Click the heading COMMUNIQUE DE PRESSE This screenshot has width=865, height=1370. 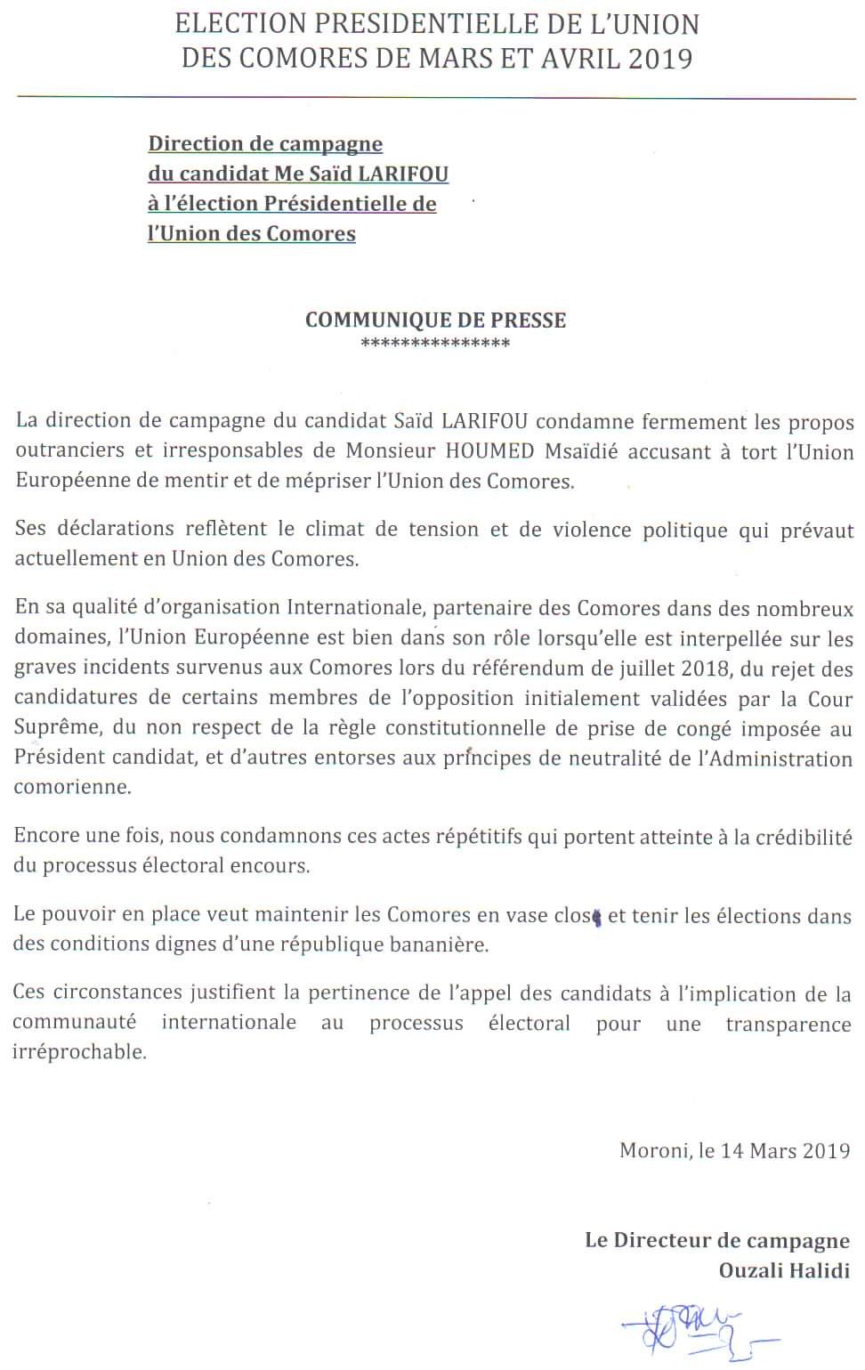[x=435, y=320]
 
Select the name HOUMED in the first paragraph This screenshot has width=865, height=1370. [x=488, y=451]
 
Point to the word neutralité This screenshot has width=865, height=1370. [x=613, y=759]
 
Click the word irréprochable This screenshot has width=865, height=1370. [x=78, y=1052]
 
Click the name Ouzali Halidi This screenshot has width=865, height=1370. [x=784, y=1270]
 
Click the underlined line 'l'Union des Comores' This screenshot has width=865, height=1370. [x=252, y=234]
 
